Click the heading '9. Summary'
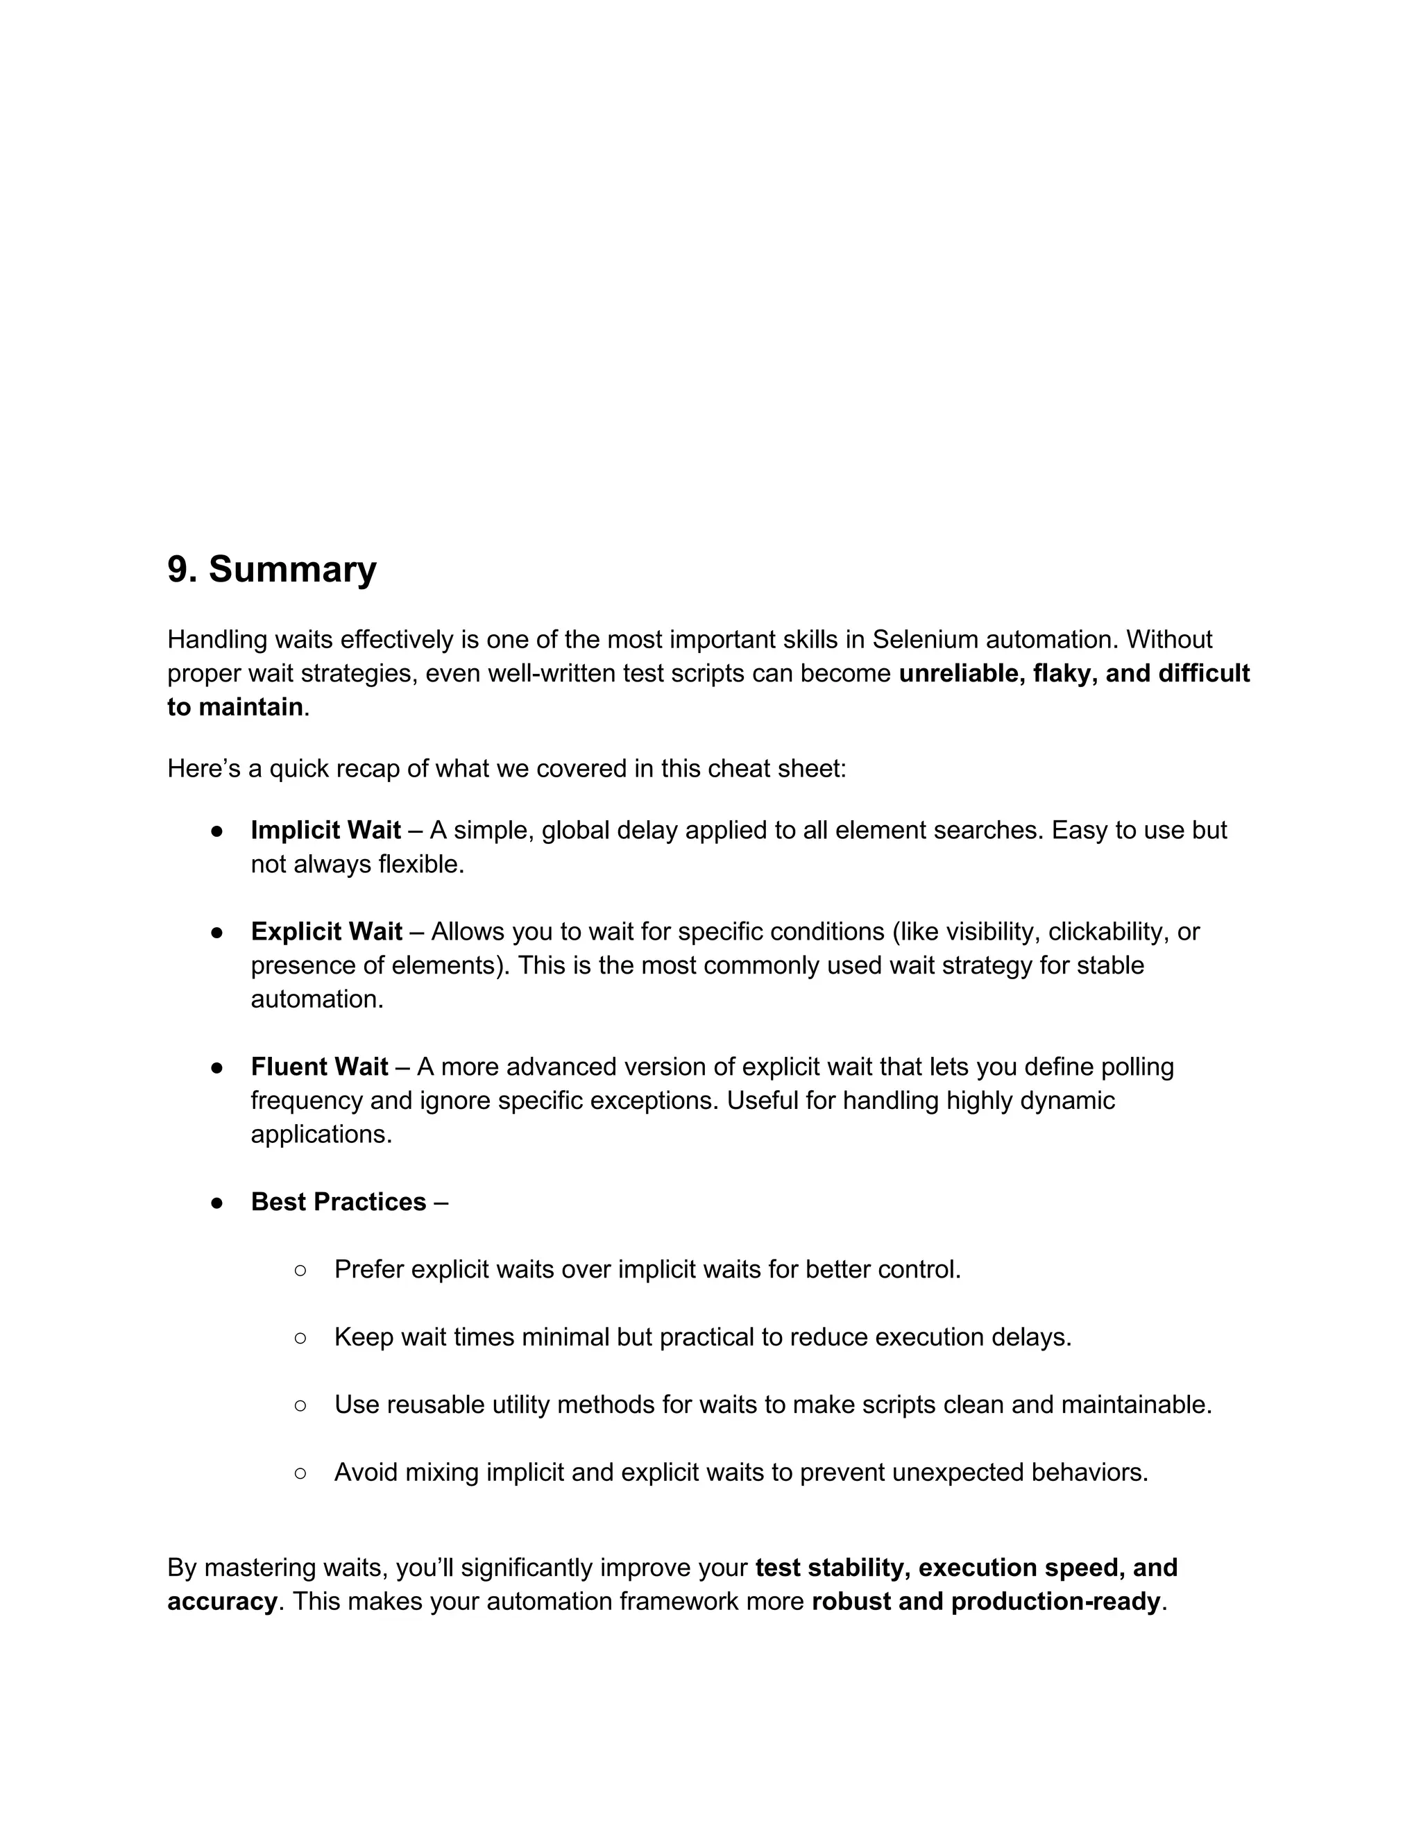click(271, 570)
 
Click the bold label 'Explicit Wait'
click(326, 932)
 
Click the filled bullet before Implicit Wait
click(216, 832)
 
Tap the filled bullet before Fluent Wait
click(216, 1069)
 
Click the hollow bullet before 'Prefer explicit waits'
click(300, 1271)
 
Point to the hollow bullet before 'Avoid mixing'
click(300, 1473)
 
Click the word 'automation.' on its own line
click(316, 999)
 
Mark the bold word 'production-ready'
click(1055, 1602)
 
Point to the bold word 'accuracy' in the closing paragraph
click(221, 1602)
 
